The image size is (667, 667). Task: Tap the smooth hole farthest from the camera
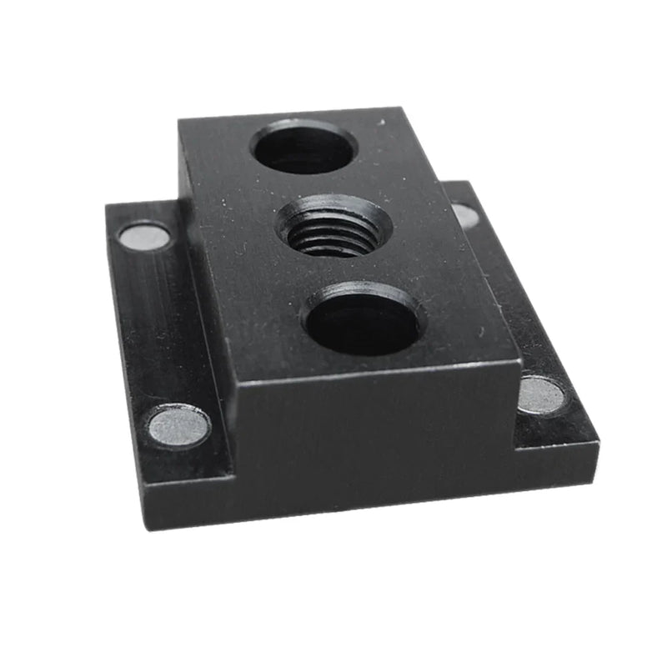[x=304, y=148]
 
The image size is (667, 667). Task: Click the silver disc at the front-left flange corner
[x=178, y=425]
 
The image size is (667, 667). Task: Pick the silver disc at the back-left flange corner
[x=143, y=237]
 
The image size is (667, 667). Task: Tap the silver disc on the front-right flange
[x=543, y=394]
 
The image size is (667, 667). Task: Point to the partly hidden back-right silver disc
[x=465, y=216]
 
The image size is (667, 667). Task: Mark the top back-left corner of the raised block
[x=180, y=119]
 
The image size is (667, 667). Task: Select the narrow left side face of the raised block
[x=204, y=275]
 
